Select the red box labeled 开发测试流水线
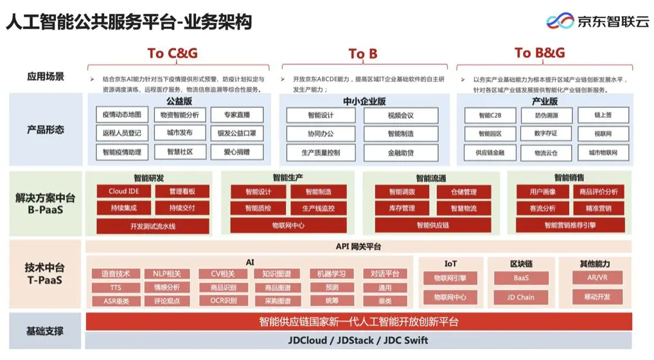click(x=153, y=226)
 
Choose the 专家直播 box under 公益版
click(x=236, y=115)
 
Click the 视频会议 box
click(x=400, y=116)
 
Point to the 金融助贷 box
click(x=400, y=153)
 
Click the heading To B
click(x=363, y=54)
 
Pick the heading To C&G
click(x=172, y=53)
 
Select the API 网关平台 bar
click(x=358, y=246)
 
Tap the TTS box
click(x=116, y=287)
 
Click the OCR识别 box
click(x=224, y=301)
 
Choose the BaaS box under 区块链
click(x=521, y=278)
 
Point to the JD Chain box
click(x=521, y=298)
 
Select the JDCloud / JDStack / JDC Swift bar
click(x=358, y=340)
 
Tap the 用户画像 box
click(x=542, y=192)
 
